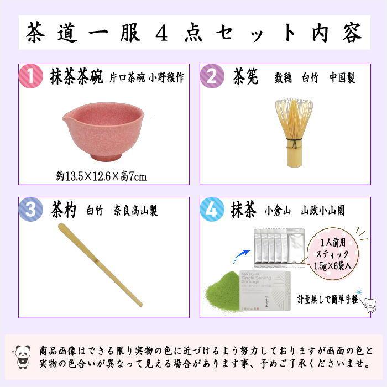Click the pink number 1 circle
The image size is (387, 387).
click(x=31, y=76)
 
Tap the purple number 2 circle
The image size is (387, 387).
click(x=212, y=76)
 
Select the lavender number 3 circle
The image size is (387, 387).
click(x=31, y=210)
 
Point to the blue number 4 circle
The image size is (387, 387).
click(x=212, y=210)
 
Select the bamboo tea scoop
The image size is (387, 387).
click(x=100, y=265)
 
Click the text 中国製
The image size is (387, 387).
click(x=342, y=78)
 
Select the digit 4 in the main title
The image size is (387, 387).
click(x=161, y=33)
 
